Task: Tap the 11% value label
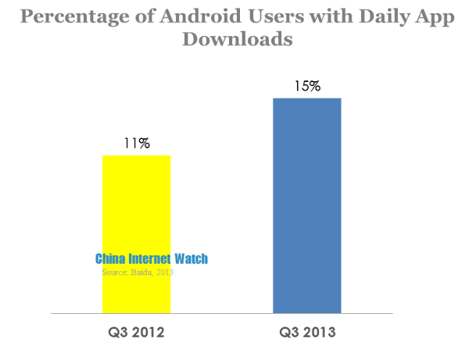click(136, 144)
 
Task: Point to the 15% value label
click(306, 86)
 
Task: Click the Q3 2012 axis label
click(136, 333)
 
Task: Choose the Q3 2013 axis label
click(307, 333)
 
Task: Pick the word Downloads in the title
click(237, 38)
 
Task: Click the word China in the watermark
click(113, 259)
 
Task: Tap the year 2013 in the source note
click(163, 272)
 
